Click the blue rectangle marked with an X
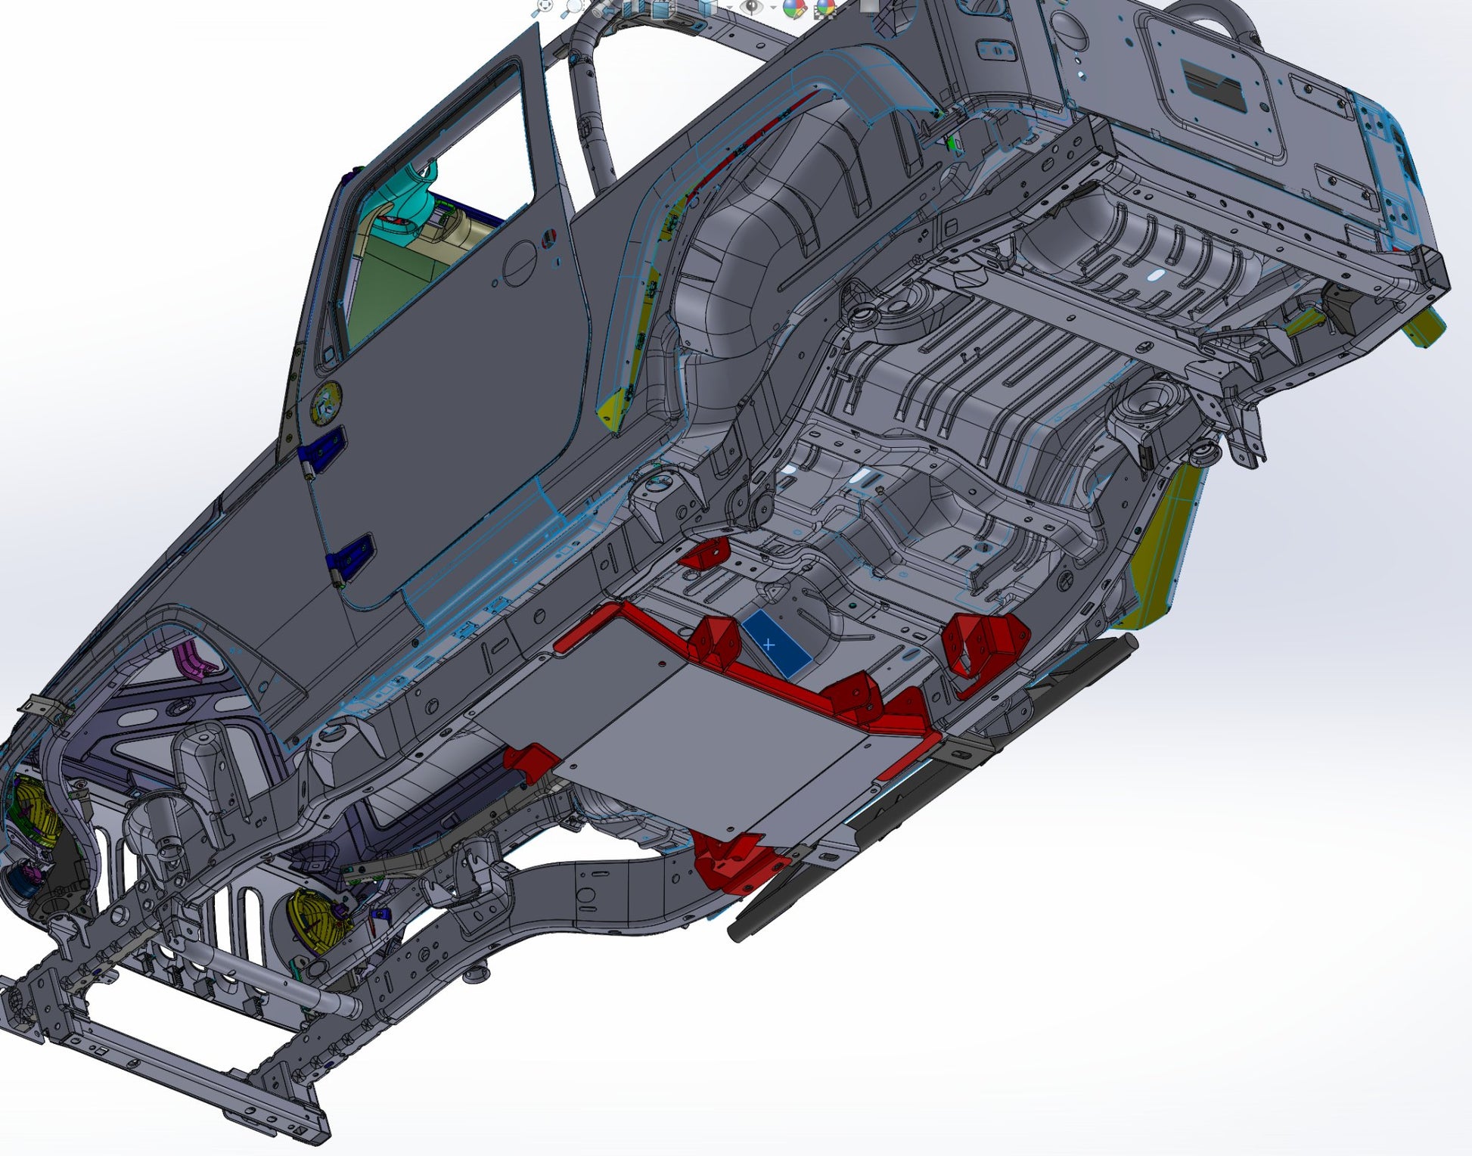pos(775,644)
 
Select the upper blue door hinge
pos(322,448)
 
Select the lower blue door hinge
pos(349,558)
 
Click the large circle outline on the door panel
pos(522,263)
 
